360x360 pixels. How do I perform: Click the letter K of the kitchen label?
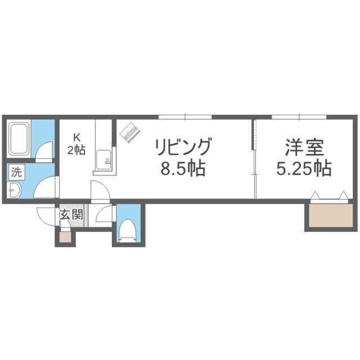point(78,136)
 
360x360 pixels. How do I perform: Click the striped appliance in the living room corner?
point(129,132)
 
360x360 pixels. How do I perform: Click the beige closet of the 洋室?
point(328,215)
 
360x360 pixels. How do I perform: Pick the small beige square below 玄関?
point(65,236)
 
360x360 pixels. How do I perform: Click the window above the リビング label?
point(185,117)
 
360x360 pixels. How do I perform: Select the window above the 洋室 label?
point(299,117)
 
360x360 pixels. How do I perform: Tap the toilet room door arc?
point(105,214)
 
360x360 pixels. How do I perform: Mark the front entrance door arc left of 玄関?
point(46,215)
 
